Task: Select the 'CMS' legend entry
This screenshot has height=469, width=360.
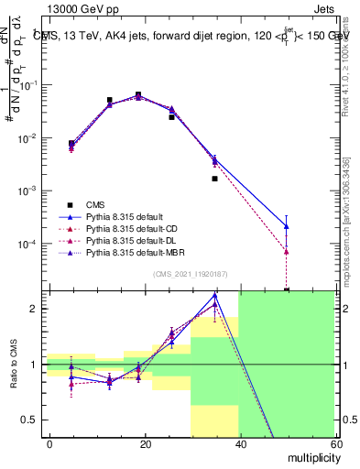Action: coord(95,204)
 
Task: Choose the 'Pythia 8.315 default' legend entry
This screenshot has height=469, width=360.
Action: coord(125,217)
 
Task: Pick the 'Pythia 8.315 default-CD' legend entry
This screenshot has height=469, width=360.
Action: coord(132,229)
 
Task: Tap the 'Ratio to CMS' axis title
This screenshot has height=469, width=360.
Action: coord(13,365)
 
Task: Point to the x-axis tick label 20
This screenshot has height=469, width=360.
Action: coord(145,443)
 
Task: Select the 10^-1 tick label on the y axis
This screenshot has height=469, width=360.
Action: coord(32,84)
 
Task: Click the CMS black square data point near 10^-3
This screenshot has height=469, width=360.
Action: coord(215,179)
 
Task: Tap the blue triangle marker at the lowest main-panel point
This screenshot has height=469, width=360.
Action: coord(287,226)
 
